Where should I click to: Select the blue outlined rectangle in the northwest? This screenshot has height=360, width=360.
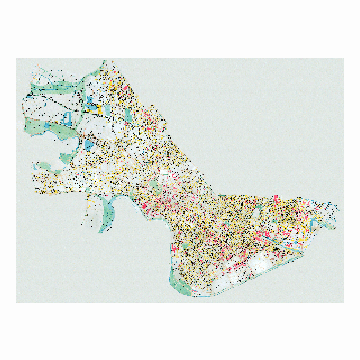pyautogui.click(x=67, y=119)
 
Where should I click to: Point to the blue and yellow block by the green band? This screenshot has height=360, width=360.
pyautogui.click(x=93, y=102)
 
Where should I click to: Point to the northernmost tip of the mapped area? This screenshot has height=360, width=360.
pyautogui.click(x=107, y=61)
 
